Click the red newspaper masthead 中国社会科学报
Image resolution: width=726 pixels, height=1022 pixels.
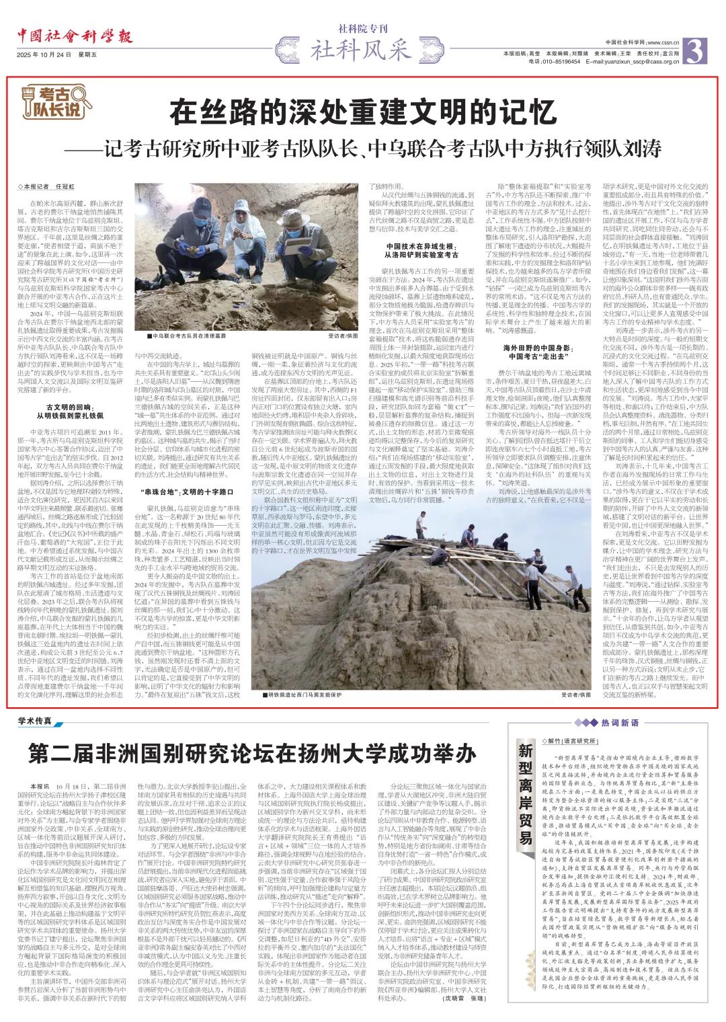click(75, 37)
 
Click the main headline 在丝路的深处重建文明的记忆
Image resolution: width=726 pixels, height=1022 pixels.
click(363, 112)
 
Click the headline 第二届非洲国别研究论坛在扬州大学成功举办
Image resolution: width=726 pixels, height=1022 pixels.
click(252, 754)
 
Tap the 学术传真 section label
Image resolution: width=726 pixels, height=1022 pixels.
click(37, 721)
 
